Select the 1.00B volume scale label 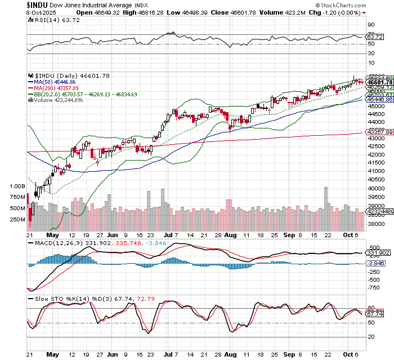[x=18, y=185]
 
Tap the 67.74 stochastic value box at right [x=374, y=314]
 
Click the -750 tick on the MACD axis [x=373, y=287]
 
